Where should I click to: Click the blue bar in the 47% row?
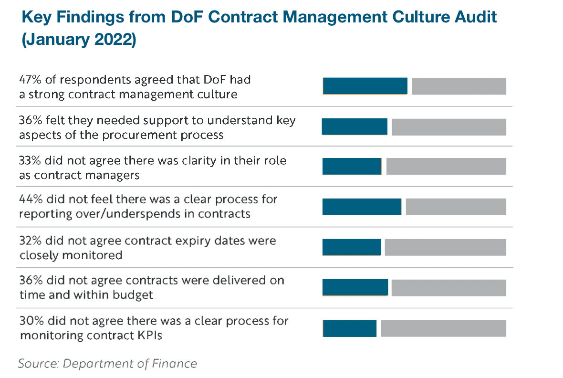coord(365,86)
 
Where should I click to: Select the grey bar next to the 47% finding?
coord(459,86)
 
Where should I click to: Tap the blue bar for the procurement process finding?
coord(354,127)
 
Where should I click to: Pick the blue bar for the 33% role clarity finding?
coord(352,166)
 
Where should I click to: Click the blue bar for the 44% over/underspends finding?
coord(362,207)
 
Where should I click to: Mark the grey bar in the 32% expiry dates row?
coord(445,247)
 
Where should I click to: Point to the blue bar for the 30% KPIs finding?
coord(350,328)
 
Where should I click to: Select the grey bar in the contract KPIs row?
coord(443,328)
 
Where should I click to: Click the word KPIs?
coord(149,336)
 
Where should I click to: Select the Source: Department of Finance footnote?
coord(107,364)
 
